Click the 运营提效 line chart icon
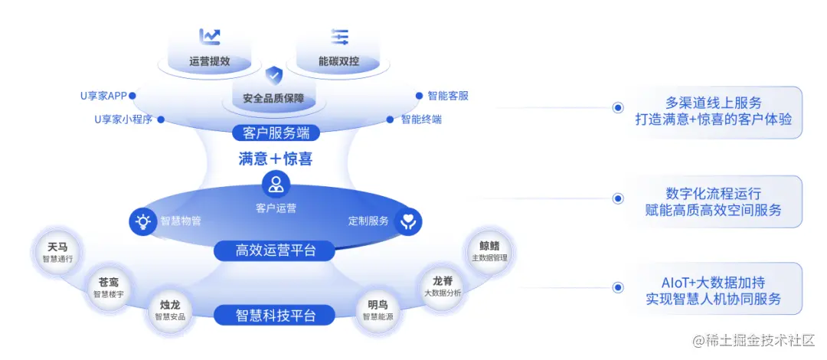pos(210,37)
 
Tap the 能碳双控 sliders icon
pos(339,37)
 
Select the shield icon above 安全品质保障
pos(274,75)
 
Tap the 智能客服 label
pos(448,96)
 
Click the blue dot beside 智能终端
pos(391,119)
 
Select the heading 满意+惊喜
pos(276,159)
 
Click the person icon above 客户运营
pos(276,184)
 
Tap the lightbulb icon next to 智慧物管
pos(142,221)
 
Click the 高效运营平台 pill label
pos(275,250)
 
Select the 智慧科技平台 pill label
pos(275,315)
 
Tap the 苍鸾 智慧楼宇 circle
pos(108,287)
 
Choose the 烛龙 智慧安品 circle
pos(170,310)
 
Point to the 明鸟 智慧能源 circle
pos(378,310)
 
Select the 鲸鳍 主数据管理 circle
pos(489,251)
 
